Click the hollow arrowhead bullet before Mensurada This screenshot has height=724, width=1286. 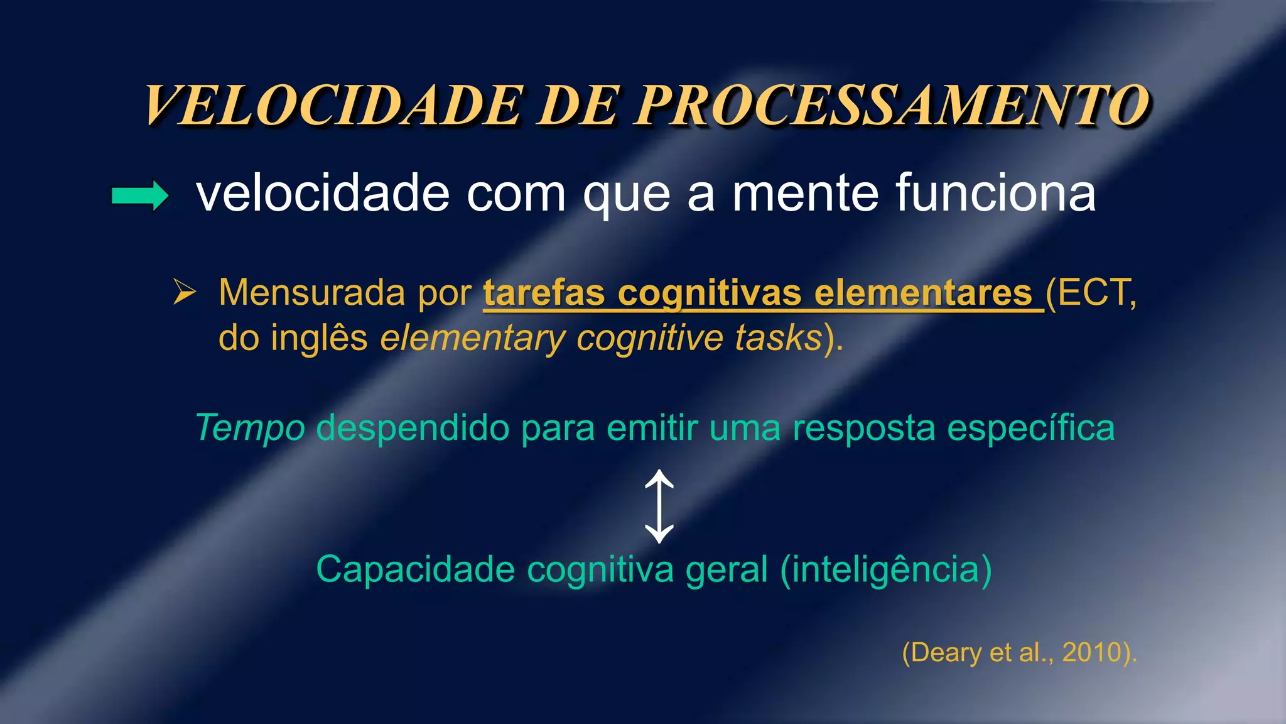pos(184,293)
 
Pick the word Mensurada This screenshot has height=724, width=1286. pos(312,293)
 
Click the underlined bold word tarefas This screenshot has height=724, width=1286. pos(544,293)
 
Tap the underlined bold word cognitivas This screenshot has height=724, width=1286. pos(710,293)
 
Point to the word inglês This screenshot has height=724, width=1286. pos(319,338)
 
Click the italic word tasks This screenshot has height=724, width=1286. pos(779,338)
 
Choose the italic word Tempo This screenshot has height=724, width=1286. pos(251,429)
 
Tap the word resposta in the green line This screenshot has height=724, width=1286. pos(863,429)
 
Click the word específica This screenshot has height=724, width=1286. pos(1030,429)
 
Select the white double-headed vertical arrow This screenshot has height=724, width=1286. pos(659,507)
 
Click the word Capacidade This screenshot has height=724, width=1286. pos(415,570)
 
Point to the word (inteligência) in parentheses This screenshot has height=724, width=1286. pos(886,570)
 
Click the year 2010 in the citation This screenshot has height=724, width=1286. pos(1092,653)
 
